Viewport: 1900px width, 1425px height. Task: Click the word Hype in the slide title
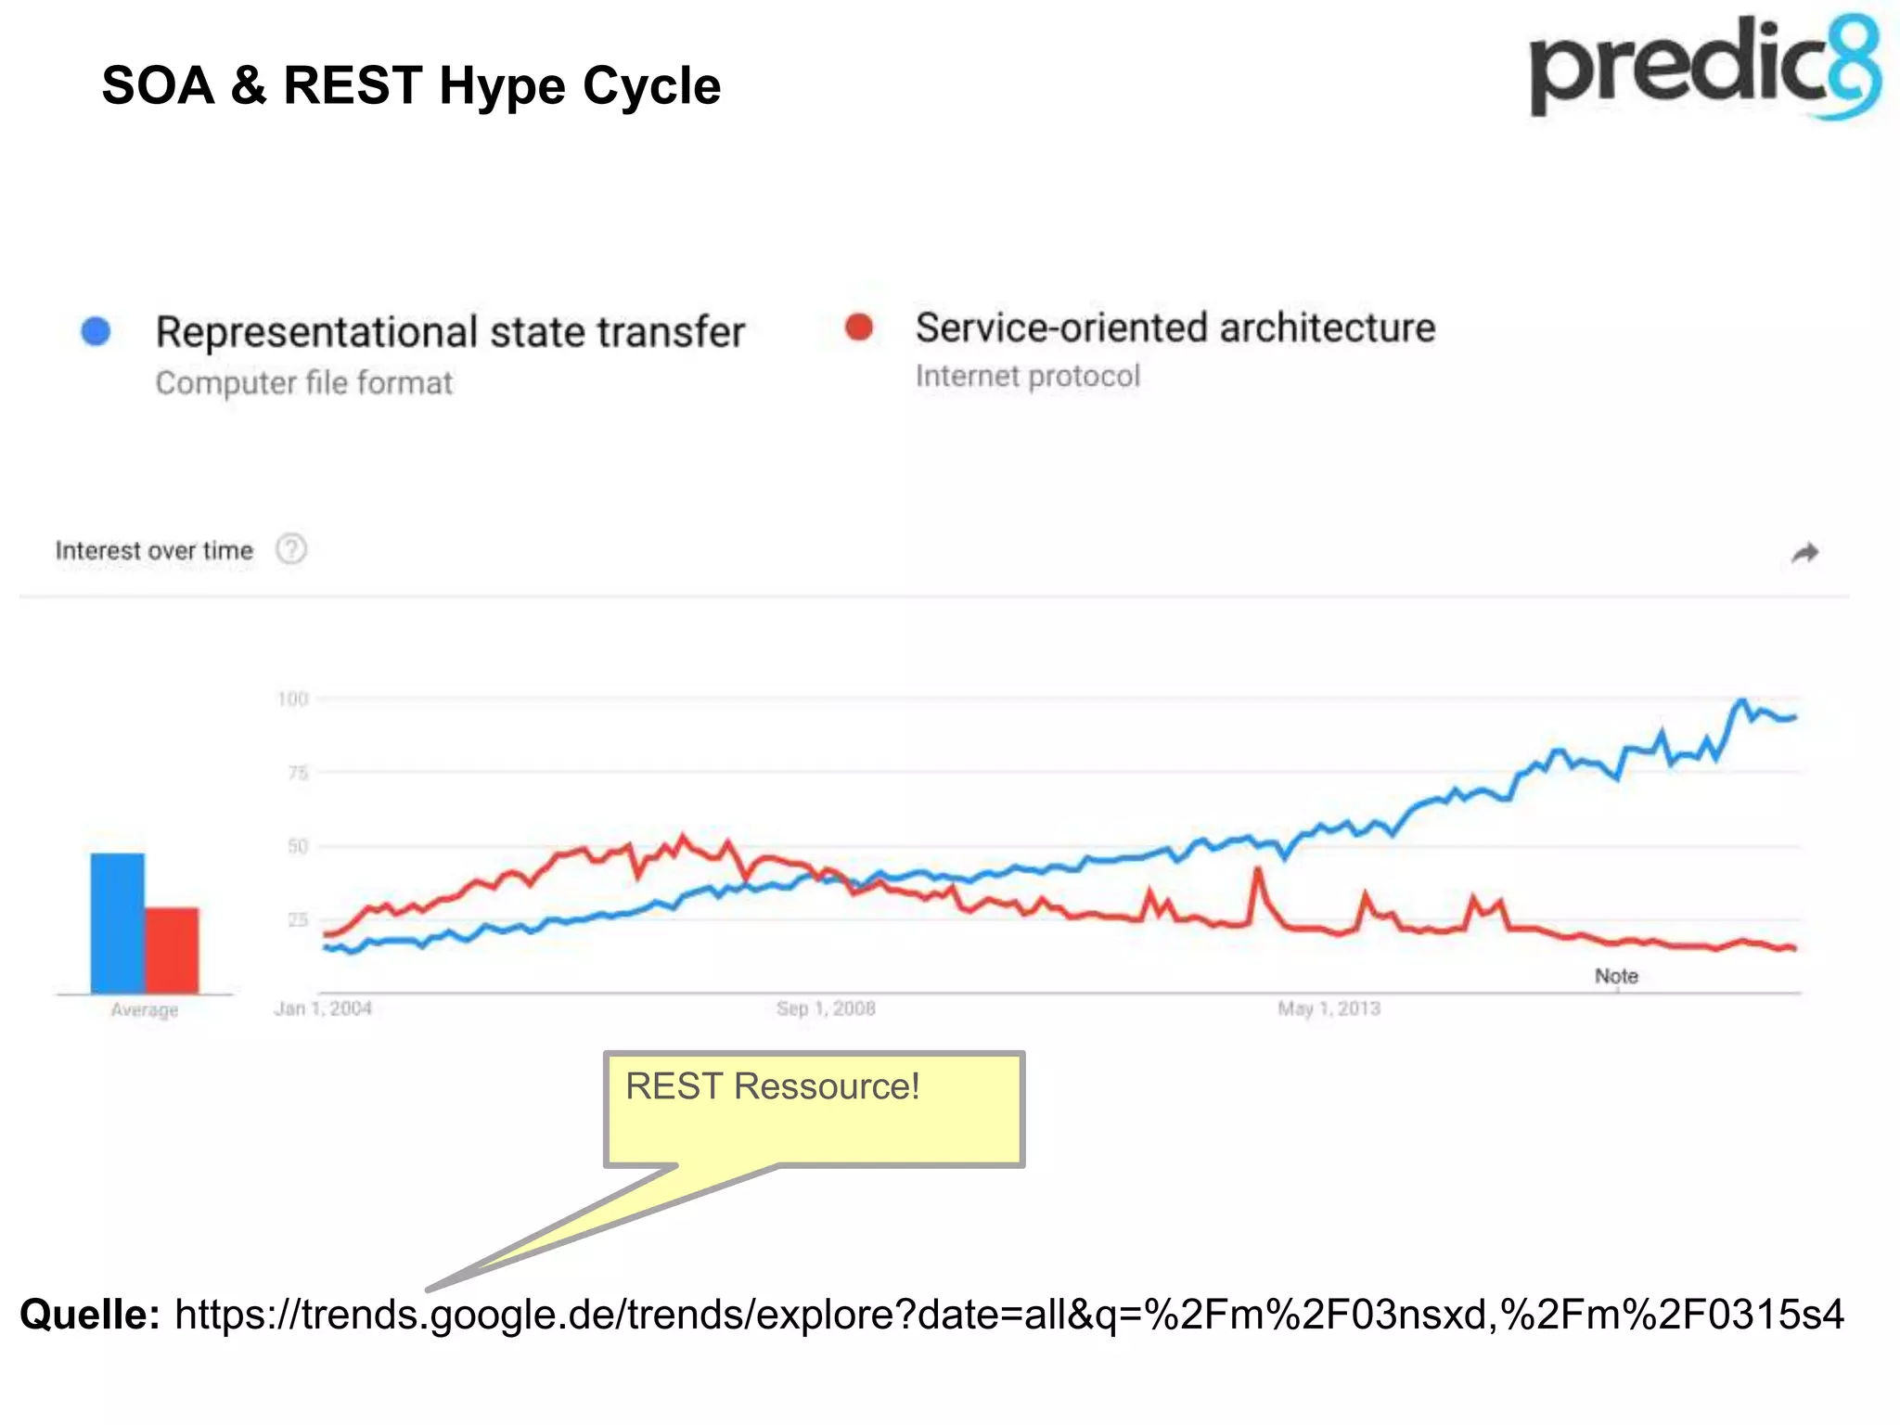502,87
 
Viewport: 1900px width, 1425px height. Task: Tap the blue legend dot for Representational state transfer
96,331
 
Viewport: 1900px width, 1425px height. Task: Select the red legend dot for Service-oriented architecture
859,327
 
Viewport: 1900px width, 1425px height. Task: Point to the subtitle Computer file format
303,383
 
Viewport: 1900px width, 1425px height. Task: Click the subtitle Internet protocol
1027,377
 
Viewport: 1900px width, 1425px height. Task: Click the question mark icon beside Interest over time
291,549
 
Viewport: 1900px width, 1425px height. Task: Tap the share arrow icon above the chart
1804,553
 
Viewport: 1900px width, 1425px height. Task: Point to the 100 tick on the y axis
292,699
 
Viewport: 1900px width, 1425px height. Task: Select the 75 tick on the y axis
297,773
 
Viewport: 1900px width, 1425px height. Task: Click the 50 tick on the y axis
297,846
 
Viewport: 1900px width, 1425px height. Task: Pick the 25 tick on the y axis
297,919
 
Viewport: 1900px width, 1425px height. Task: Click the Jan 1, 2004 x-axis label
323,1008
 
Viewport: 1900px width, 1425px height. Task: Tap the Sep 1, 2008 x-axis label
826,1008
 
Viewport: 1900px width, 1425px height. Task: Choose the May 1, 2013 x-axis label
1329,1008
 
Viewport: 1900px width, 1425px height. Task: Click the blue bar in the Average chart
117,923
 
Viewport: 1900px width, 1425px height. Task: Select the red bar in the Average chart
172,950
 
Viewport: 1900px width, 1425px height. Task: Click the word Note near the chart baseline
1616,976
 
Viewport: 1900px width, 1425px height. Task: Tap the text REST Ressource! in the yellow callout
772,1086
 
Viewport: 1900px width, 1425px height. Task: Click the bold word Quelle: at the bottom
90,1315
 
